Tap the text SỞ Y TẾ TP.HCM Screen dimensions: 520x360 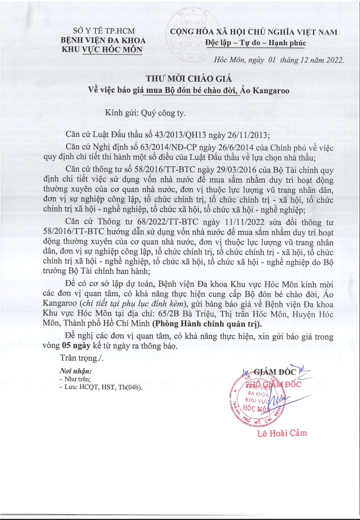click(95, 29)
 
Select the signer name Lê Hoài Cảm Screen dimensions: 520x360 click(282, 434)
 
